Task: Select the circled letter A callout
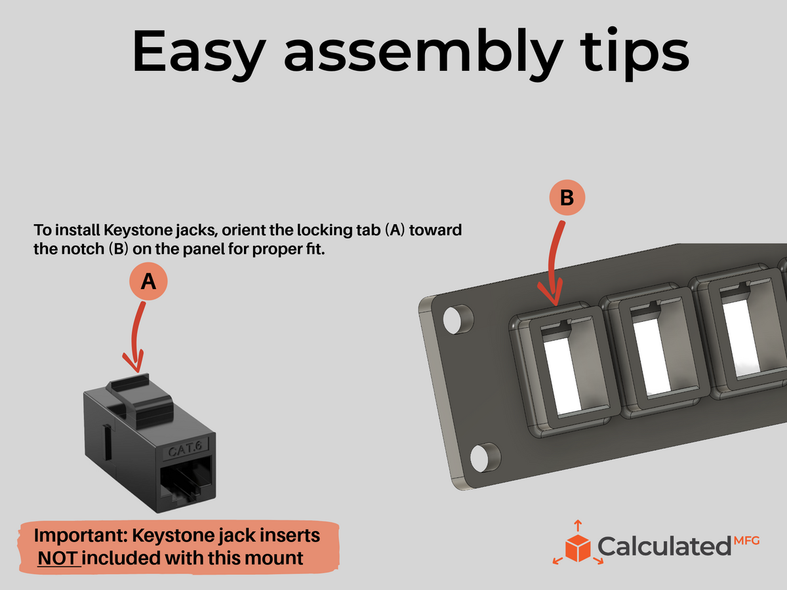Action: point(148,281)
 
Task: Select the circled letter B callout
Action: point(567,197)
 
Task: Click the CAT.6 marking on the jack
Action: point(186,448)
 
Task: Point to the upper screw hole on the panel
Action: point(457,319)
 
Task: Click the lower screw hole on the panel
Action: point(484,458)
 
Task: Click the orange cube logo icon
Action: point(578,545)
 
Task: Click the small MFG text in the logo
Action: point(746,541)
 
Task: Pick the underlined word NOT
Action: point(59,558)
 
